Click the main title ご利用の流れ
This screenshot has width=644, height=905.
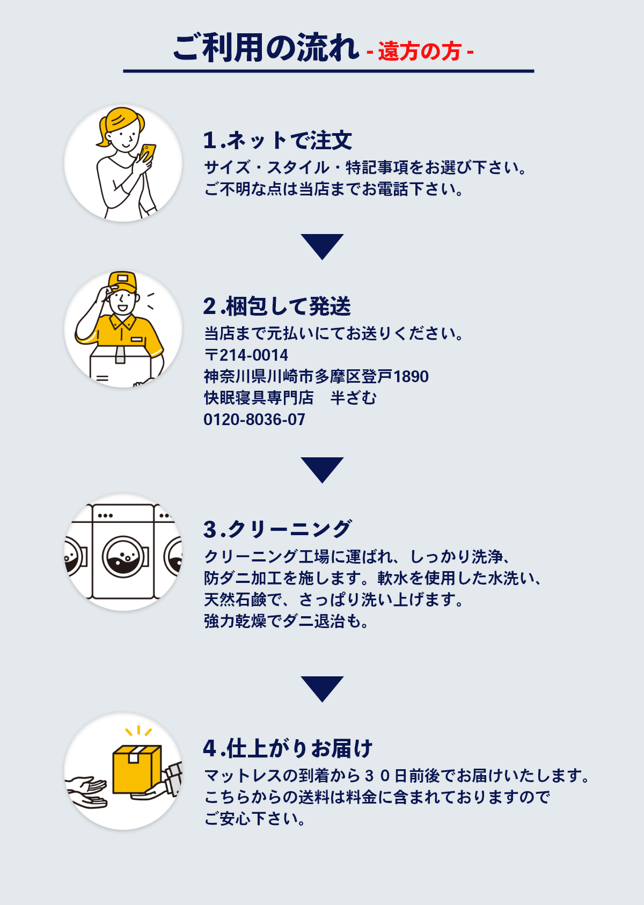[266, 48]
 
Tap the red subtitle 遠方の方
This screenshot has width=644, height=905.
[420, 52]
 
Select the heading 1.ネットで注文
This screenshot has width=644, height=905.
[277, 141]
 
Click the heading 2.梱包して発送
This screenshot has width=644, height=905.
[277, 306]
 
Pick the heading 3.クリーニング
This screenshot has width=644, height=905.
[277, 529]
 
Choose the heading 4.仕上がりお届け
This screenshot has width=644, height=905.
[288, 748]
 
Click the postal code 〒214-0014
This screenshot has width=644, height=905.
[246, 355]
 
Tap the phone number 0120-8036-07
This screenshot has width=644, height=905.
[254, 419]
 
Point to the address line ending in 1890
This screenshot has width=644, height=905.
[316, 376]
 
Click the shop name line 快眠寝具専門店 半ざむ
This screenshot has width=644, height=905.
[290, 398]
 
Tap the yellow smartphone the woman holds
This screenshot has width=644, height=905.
[148, 152]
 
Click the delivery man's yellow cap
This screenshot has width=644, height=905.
[122, 281]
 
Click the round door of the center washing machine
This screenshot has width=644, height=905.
[126, 557]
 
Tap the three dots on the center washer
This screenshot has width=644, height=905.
[105, 516]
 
